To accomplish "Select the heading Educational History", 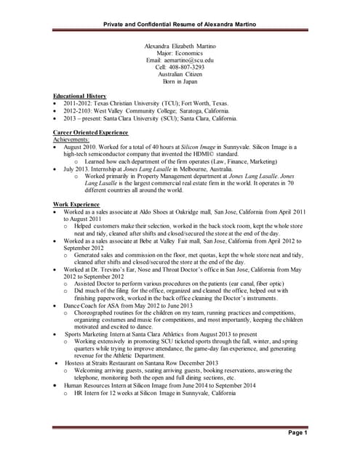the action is [80, 96].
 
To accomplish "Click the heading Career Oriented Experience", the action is [91, 132].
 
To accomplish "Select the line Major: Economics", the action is [180, 52].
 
